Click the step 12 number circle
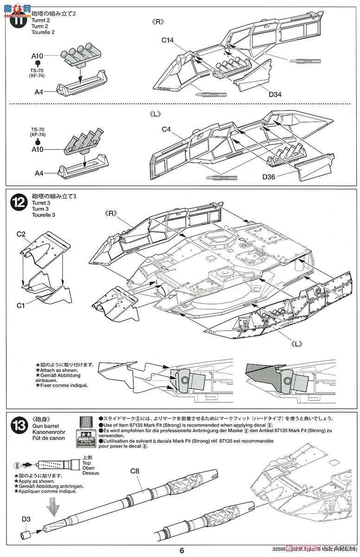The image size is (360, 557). click(x=19, y=202)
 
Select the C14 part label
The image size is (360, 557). click(x=167, y=40)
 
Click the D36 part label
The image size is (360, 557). click(x=269, y=177)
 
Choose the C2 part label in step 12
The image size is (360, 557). click(x=21, y=235)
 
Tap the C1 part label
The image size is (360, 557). click(x=21, y=305)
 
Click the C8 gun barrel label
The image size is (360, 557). click(x=135, y=471)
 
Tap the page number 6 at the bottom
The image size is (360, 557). click(x=182, y=551)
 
